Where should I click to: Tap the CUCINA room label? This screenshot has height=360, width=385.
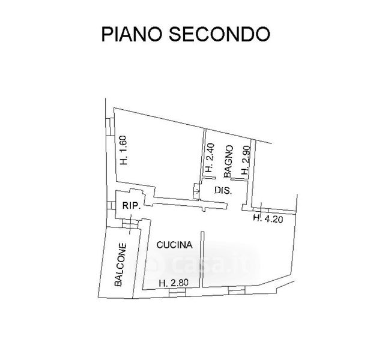tap(174, 245)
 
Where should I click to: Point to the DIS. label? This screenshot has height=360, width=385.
tap(223, 190)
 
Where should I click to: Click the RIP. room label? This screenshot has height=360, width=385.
tap(131, 205)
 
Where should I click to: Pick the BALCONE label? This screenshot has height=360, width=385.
tap(121, 265)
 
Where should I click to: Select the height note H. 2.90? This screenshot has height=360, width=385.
tap(245, 161)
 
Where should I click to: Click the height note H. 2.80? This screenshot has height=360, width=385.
tap(173, 283)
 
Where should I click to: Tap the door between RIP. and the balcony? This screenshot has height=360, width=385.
tap(129, 224)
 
